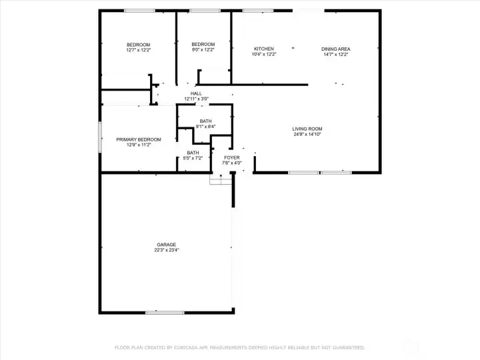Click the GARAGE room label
coord(167,245)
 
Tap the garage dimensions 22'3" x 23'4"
coord(167,251)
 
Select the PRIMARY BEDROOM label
coord(139,139)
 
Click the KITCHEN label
coord(264,49)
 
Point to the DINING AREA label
coord(335,49)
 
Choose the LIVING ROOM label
coord(307,129)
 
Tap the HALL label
coord(196,93)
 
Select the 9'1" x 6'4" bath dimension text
coord(205,126)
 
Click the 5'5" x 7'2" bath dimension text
coord(193,158)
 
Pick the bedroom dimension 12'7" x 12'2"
coord(139,50)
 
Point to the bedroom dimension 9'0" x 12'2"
coord(203,50)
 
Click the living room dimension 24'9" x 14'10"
coord(307,135)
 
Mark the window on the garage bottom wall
coord(165,312)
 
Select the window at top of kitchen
coord(257,11)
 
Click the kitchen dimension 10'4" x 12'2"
coord(264,55)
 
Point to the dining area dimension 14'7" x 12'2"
coord(335,55)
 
